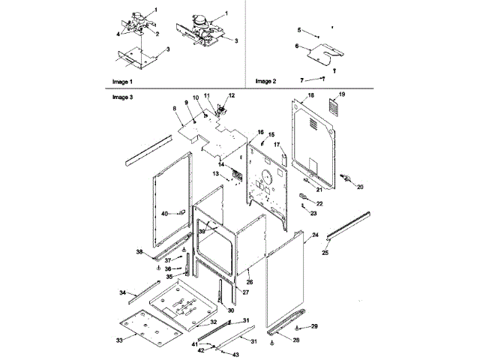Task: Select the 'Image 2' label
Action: point(265,81)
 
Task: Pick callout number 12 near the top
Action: point(231,95)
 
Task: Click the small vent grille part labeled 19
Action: point(338,109)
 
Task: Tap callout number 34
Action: point(122,291)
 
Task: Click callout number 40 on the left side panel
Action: point(164,214)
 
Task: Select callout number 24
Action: point(316,235)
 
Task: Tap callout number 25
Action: point(325,253)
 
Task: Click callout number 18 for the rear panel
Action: point(311,97)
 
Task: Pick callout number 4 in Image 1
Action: point(118,34)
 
